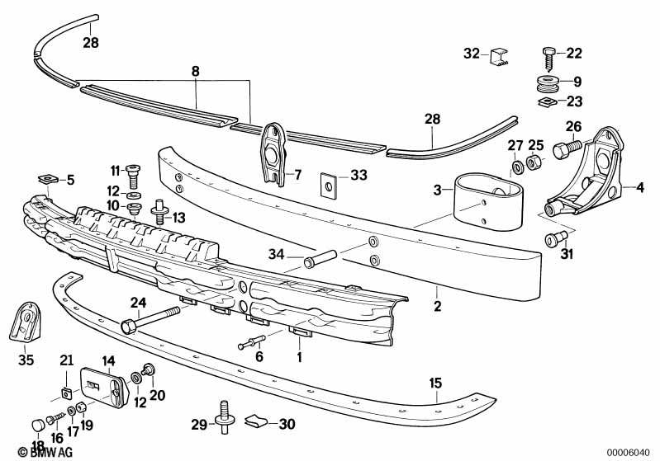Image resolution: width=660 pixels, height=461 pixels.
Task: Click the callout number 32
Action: (471, 54)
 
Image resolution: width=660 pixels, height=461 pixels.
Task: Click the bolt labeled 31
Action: (553, 240)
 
